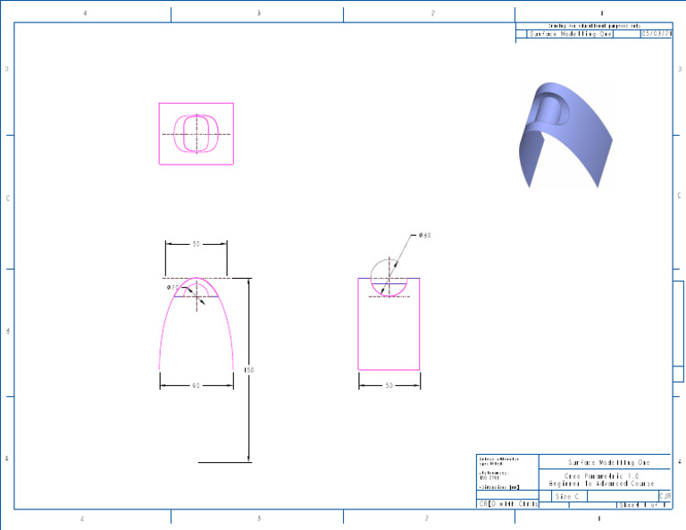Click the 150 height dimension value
pos(251,369)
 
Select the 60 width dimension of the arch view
pos(196,385)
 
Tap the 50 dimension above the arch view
pos(196,243)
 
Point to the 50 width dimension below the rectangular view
pos(389,385)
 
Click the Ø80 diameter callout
pos(425,235)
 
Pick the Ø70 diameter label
pos(172,288)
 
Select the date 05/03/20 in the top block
pos(656,35)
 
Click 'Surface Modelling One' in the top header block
pos(572,35)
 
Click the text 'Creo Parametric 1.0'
pos(604,476)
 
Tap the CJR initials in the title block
pos(665,496)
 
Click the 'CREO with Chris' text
pos(509,505)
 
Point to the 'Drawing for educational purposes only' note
pos(594,26)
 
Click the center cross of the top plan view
pos(196,134)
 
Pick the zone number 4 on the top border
pos(85,13)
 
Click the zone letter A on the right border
pos(680,461)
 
